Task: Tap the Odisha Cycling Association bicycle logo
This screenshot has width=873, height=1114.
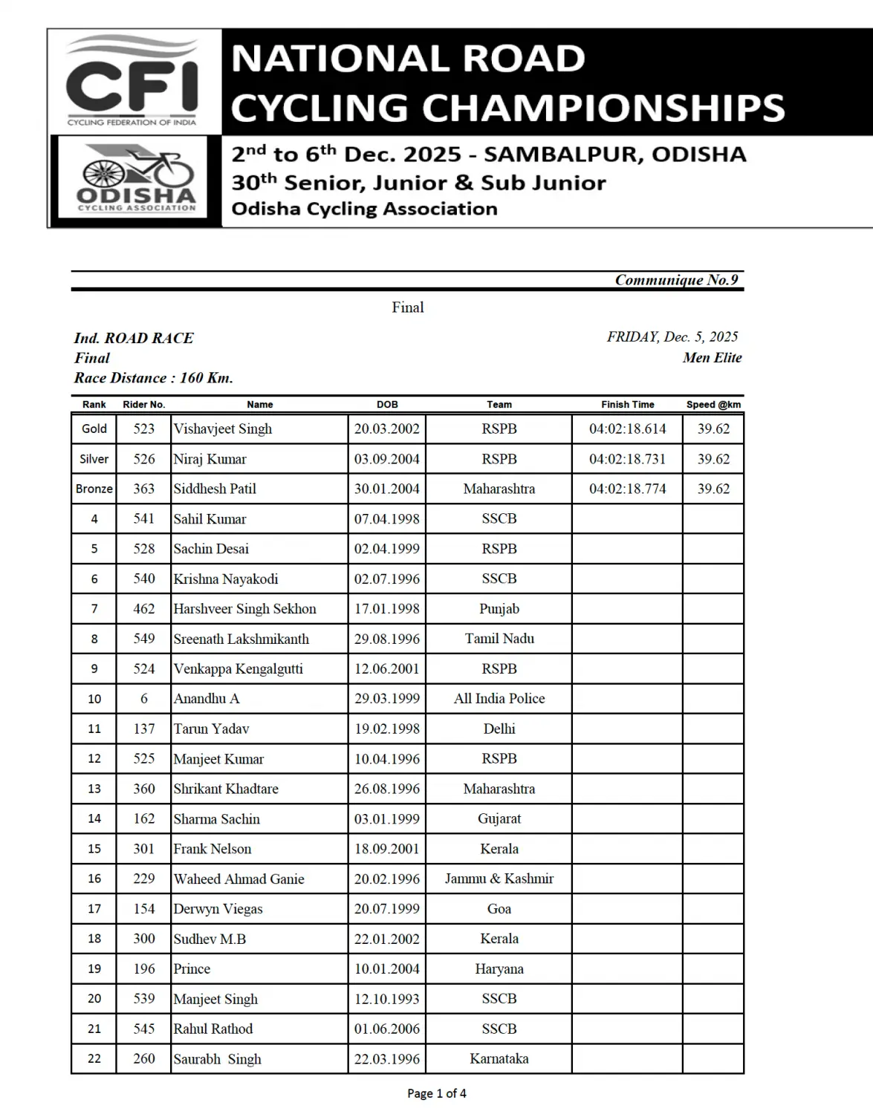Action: pyautogui.click(x=136, y=179)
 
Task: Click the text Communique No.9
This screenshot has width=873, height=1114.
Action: pyautogui.click(x=676, y=280)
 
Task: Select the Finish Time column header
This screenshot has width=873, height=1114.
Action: pyautogui.click(x=627, y=405)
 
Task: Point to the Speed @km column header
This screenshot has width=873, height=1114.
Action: pyautogui.click(x=713, y=405)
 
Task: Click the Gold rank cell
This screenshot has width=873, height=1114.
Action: pyautogui.click(x=94, y=429)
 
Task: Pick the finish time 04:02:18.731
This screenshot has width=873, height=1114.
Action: pyautogui.click(x=627, y=459)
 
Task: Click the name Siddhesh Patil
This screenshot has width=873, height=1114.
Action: pyautogui.click(x=215, y=489)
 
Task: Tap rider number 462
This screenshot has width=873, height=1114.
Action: pyautogui.click(x=144, y=609)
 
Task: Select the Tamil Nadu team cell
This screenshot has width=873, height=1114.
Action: pyautogui.click(x=499, y=639)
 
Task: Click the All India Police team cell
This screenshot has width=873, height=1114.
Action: pyautogui.click(x=499, y=699)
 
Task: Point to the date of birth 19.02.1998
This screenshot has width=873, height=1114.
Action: pyautogui.click(x=386, y=729)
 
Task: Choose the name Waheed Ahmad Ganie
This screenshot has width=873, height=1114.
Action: pyautogui.click(x=238, y=879)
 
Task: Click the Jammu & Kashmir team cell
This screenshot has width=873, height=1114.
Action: pyautogui.click(x=499, y=879)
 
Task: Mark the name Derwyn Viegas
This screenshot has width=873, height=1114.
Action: pyautogui.click(x=218, y=909)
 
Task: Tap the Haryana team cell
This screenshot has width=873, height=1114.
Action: pyautogui.click(x=499, y=969)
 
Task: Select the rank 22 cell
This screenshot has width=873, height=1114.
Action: pyautogui.click(x=94, y=1059)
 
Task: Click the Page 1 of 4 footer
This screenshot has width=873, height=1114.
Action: pyautogui.click(x=437, y=1093)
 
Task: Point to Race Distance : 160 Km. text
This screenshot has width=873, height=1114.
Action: pyautogui.click(x=153, y=378)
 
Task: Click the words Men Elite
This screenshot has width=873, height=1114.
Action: pyautogui.click(x=712, y=358)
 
